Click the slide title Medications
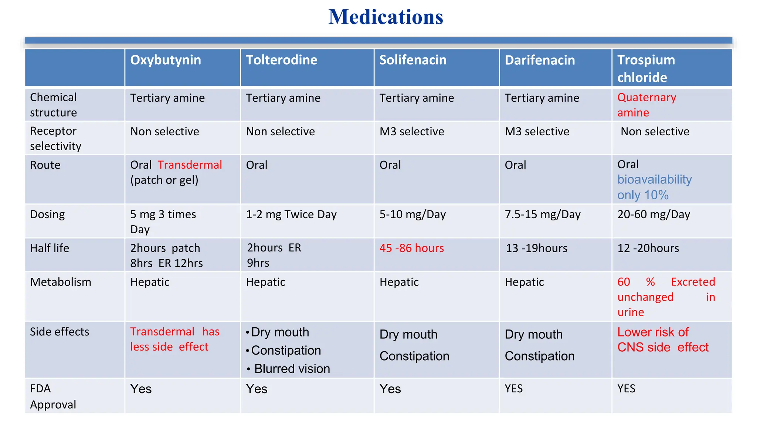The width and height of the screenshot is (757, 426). [x=386, y=17]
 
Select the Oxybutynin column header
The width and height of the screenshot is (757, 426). [x=166, y=60]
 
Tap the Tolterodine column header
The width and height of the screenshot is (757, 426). [x=281, y=60]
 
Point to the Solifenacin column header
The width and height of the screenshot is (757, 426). [x=413, y=60]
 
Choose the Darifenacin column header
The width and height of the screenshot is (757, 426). [x=540, y=60]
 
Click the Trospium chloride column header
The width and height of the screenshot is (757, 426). [x=646, y=69]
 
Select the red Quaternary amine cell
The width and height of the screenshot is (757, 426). [x=646, y=105]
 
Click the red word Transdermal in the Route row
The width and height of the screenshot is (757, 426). [x=190, y=165]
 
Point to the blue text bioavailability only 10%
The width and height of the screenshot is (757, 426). [x=654, y=187]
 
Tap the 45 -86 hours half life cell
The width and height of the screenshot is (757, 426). [x=411, y=248]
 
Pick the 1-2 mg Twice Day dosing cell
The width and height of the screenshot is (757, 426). [x=291, y=214]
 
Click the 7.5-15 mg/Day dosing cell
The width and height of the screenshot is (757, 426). [x=542, y=214]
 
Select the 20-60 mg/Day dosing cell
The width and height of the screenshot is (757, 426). [x=654, y=214]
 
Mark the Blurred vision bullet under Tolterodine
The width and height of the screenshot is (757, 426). [x=292, y=369]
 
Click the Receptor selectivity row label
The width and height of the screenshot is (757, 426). [x=55, y=139]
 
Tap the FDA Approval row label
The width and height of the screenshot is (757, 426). [x=53, y=396]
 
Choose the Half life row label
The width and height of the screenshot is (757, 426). [x=50, y=248]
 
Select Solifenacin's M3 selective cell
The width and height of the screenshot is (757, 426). [x=411, y=132]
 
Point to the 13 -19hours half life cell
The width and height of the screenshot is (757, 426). [x=536, y=248]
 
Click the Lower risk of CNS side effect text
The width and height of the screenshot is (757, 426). [x=663, y=340]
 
